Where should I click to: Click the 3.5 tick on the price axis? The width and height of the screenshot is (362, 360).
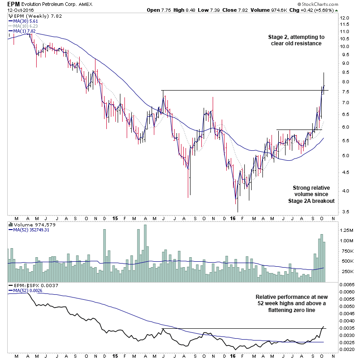point(345,211)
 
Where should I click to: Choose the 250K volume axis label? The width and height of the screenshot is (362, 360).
point(347,271)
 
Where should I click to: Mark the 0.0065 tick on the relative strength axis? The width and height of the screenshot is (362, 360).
point(348,284)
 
